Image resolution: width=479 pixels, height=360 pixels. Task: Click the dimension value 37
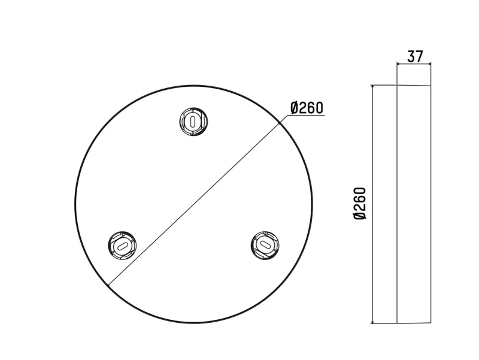pyautogui.click(x=415, y=56)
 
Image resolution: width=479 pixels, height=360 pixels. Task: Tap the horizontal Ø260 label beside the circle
pyautogui.click(x=307, y=108)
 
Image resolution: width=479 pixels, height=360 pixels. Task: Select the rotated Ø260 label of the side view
pyautogui.click(x=360, y=204)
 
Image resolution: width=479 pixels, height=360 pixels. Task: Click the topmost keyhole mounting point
pyautogui.click(x=193, y=122)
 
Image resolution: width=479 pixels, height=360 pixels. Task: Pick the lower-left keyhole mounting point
pyautogui.click(x=122, y=246)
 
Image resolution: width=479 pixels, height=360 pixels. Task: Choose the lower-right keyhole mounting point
pyautogui.click(x=265, y=245)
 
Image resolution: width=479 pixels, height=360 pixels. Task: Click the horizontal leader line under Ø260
pyautogui.click(x=306, y=116)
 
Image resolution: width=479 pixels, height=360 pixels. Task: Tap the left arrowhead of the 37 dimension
pyautogui.click(x=398, y=63)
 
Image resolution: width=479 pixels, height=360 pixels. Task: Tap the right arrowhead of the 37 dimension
pyautogui.click(x=429, y=63)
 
